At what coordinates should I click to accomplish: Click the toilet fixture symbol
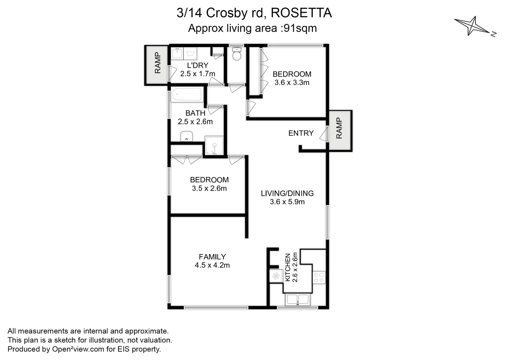236,54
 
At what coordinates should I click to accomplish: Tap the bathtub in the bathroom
187,95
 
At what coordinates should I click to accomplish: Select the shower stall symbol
214,146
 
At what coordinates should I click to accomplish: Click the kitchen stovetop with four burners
319,278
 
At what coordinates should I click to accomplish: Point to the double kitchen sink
298,299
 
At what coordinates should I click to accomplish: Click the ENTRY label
301,133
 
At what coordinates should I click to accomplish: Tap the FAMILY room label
212,257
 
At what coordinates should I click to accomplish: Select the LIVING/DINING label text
287,193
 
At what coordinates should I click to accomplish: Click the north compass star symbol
471,26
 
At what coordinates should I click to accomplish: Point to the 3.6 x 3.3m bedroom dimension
292,83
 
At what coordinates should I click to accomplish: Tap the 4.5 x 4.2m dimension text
212,265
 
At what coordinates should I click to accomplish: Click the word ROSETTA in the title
301,13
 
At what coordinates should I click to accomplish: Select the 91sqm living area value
300,28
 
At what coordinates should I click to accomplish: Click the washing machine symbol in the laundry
190,54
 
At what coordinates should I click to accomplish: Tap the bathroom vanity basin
187,136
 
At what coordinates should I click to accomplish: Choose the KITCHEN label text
288,267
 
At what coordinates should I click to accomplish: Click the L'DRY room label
197,65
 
